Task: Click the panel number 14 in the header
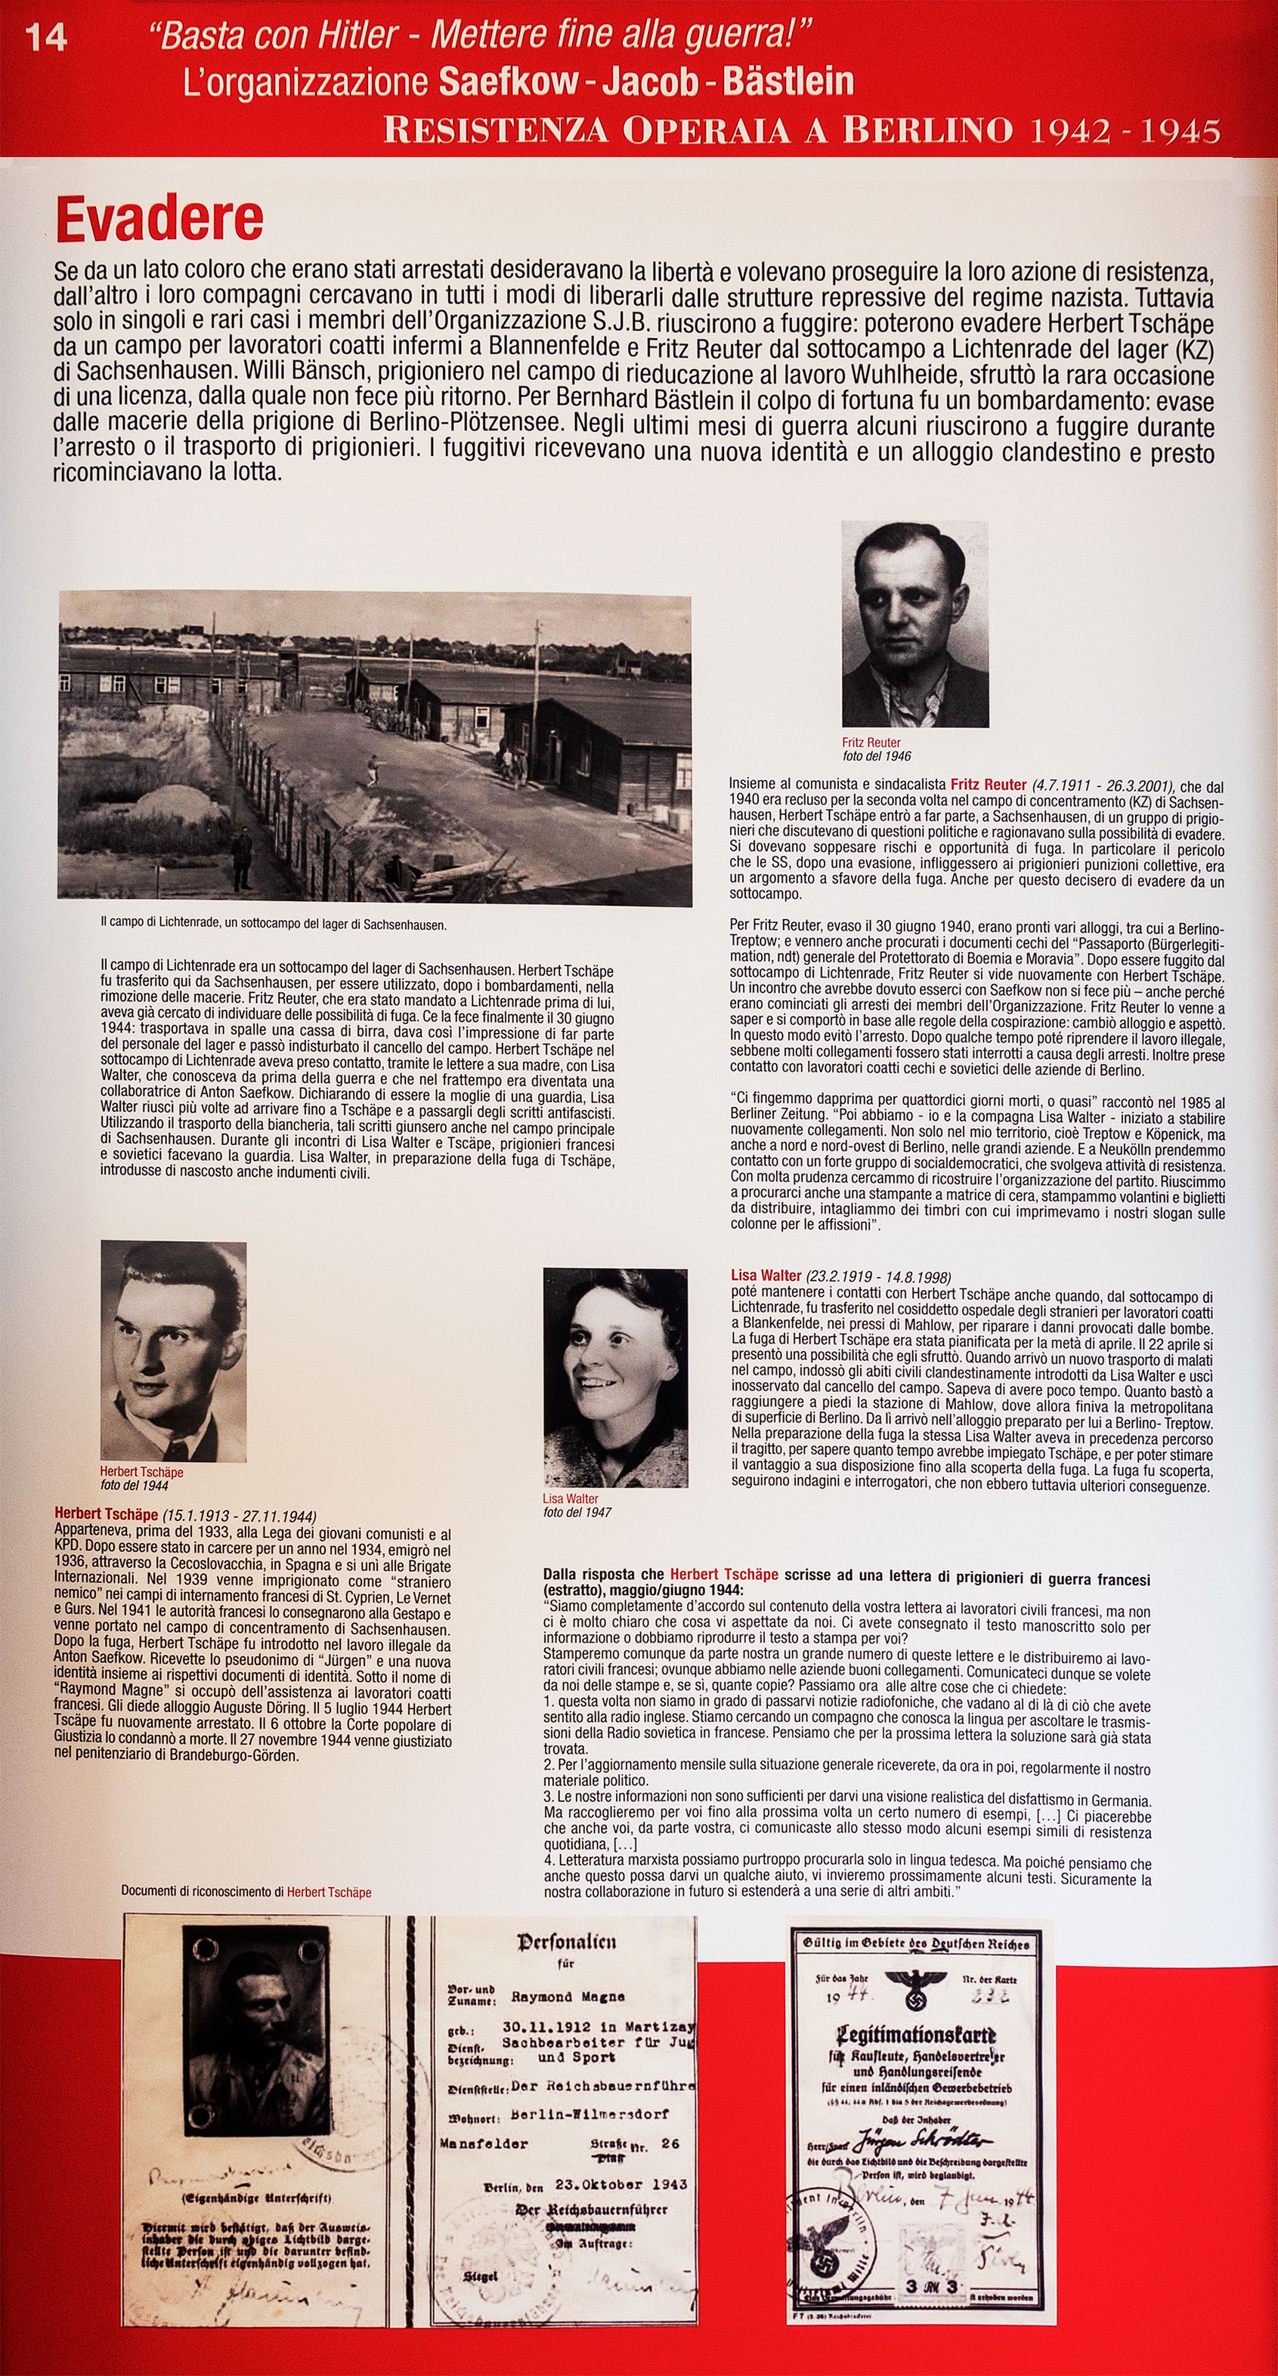coord(45,38)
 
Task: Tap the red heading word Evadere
coord(159,220)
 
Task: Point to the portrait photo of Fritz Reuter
coord(914,625)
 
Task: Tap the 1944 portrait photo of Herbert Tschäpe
coord(174,1351)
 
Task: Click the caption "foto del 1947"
coord(577,1512)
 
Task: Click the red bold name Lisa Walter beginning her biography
coord(766,1276)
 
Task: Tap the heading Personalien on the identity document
coord(567,1942)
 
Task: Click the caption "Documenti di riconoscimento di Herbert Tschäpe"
coord(246,1892)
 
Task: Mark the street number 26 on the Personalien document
coord(670,2143)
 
